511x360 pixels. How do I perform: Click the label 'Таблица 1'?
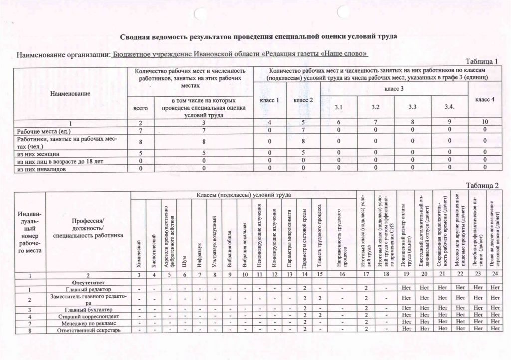tap(482, 62)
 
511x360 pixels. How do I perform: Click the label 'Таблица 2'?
tap(482, 186)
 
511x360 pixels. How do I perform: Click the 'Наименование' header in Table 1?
tap(70, 93)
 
